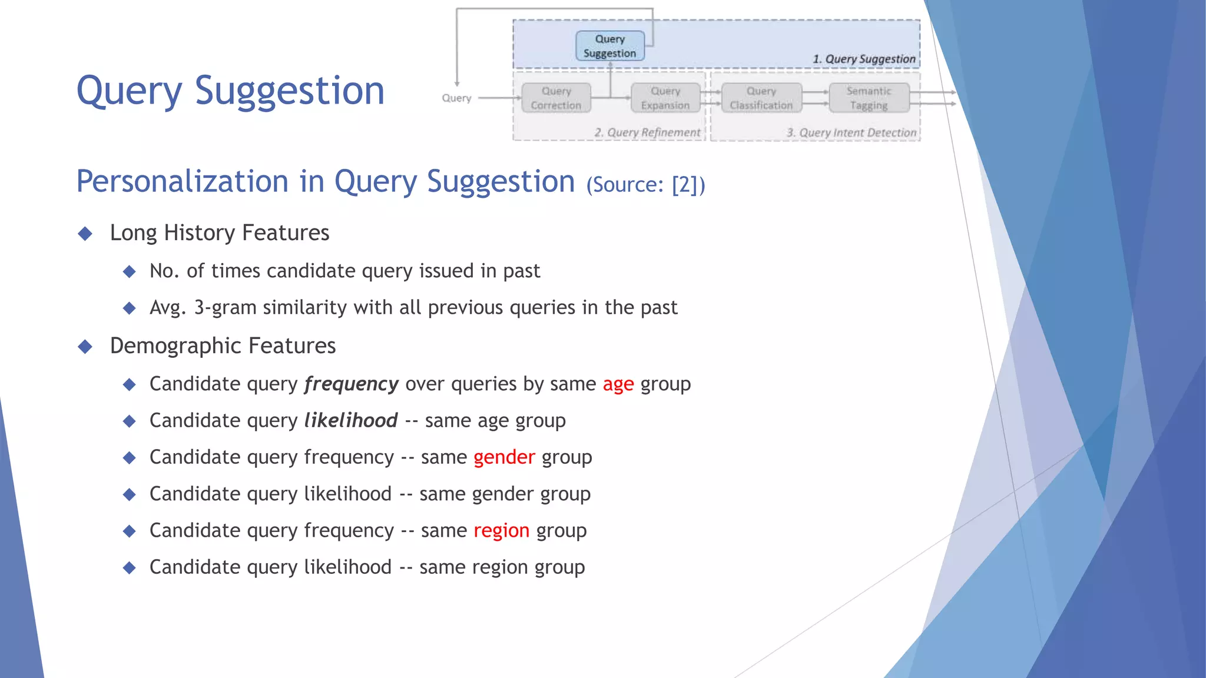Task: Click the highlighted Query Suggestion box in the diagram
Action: click(x=609, y=46)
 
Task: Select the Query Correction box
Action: click(x=556, y=98)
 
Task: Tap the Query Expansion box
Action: click(x=665, y=98)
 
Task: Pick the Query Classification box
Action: click(x=761, y=98)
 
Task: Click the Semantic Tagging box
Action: click(x=869, y=98)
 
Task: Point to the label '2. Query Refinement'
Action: click(x=647, y=132)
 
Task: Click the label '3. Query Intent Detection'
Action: click(x=852, y=132)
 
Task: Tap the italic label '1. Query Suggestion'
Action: click(x=864, y=59)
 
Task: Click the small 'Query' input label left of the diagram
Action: click(x=456, y=98)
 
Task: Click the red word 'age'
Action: click(x=618, y=384)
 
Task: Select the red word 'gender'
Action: click(x=504, y=457)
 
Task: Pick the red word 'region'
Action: click(x=501, y=531)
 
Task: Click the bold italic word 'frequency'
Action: click(x=351, y=384)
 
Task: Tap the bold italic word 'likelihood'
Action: click(x=350, y=421)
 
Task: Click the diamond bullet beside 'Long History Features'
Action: click(x=85, y=234)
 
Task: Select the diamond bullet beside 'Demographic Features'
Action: click(x=85, y=347)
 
